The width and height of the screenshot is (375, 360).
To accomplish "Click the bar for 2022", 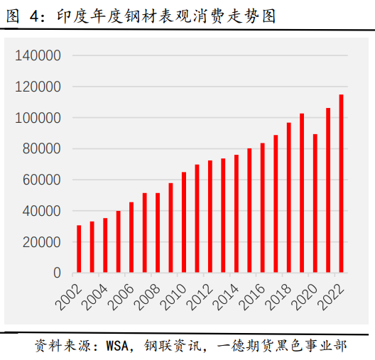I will pos(341,184).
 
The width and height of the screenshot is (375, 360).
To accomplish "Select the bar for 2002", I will pos(79,249).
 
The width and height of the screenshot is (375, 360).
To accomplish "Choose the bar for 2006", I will pos(131,238).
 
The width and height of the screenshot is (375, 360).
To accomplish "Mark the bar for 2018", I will pos(288,198).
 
